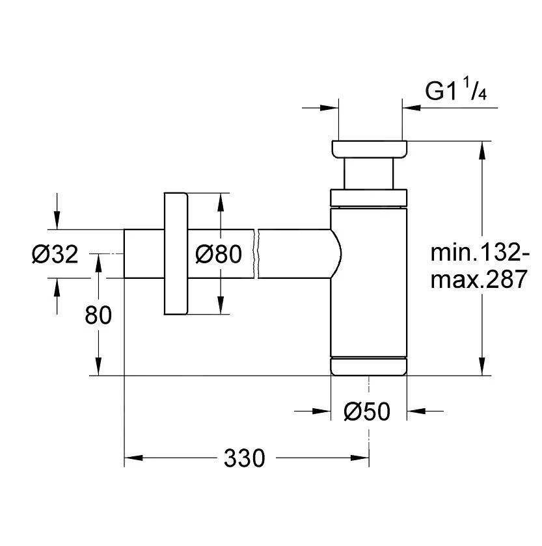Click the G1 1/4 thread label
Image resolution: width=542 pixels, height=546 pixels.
tap(456, 92)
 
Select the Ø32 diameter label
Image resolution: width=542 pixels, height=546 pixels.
tap(55, 254)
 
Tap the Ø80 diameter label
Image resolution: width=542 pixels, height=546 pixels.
tap(219, 254)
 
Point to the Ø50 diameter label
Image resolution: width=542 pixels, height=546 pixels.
tap(368, 411)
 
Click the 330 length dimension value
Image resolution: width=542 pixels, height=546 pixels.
tap(245, 458)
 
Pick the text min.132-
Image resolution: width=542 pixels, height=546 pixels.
tap(480, 252)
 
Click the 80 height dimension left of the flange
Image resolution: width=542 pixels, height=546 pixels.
tap(98, 315)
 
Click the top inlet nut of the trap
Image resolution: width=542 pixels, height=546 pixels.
tap(370, 148)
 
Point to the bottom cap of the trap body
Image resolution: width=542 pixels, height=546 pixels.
tap(369, 366)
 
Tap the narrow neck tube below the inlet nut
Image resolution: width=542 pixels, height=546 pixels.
tap(369, 174)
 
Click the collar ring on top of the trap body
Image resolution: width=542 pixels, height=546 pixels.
tap(369, 197)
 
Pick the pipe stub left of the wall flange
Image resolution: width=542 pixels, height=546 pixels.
tap(143, 253)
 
